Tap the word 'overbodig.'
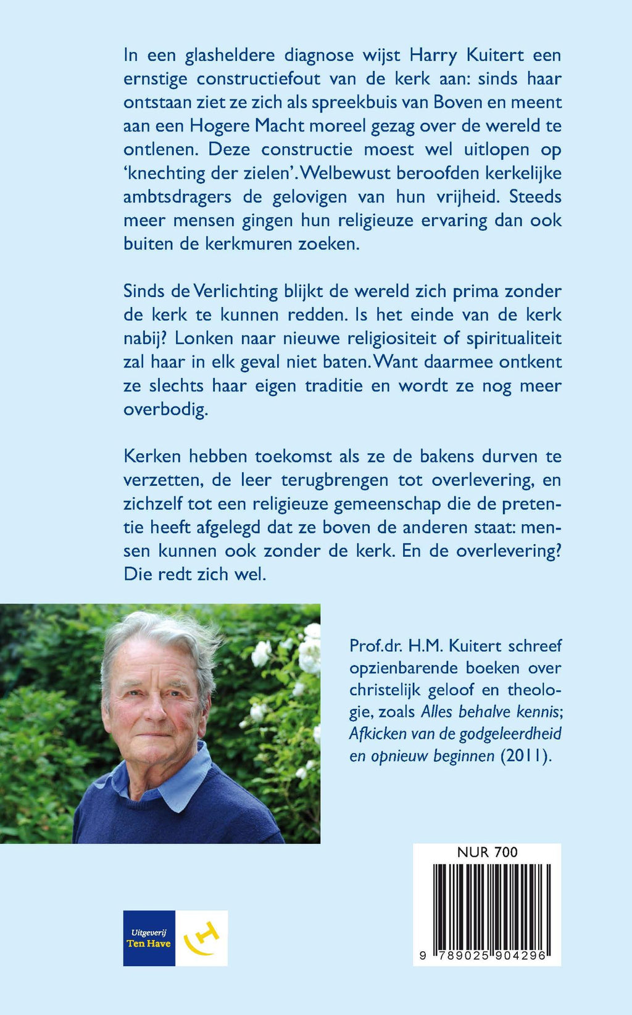165,409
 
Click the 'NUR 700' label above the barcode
487,853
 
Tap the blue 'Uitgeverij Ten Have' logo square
149,938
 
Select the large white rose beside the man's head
262,652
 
